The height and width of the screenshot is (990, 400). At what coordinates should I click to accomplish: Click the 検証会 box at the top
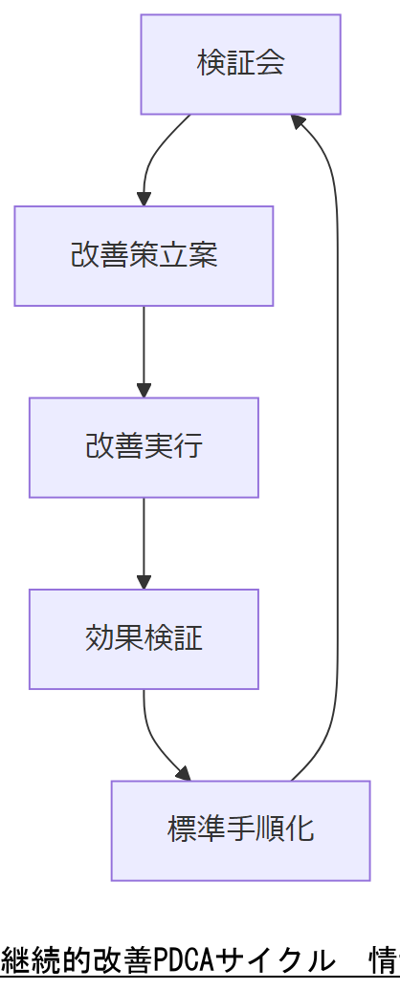[x=240, y=64]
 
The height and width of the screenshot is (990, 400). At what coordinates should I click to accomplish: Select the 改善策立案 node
[x=144, y=256]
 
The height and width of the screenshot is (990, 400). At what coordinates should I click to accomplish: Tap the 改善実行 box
[x=144, y=447]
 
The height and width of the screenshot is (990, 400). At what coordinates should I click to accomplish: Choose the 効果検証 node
[x=144, y=638]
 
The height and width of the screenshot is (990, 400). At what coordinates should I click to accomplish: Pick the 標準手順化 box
[x=240, y=829]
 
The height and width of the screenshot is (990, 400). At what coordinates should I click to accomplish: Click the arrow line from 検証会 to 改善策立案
[x=153, y=153]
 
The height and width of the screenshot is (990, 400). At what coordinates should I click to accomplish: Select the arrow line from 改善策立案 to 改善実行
[x=144, y=344]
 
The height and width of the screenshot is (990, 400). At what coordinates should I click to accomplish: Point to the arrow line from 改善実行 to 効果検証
[x=144, y=535]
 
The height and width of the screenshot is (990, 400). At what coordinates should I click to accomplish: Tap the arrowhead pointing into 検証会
[x=299, y=122]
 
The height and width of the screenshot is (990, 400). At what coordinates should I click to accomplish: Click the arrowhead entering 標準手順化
[x=183, y=773]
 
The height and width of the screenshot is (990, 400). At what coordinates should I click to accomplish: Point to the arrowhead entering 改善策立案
[x=144, y=199]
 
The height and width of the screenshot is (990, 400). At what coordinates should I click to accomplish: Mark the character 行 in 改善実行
[x=188, y=447]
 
